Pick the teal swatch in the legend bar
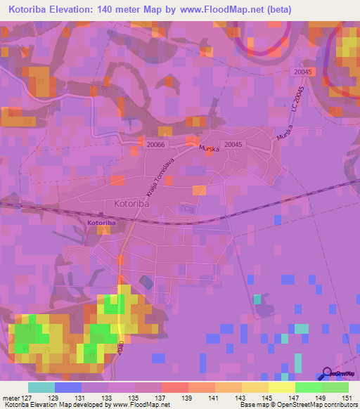[41, 387]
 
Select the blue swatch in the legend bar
[68, 387]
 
